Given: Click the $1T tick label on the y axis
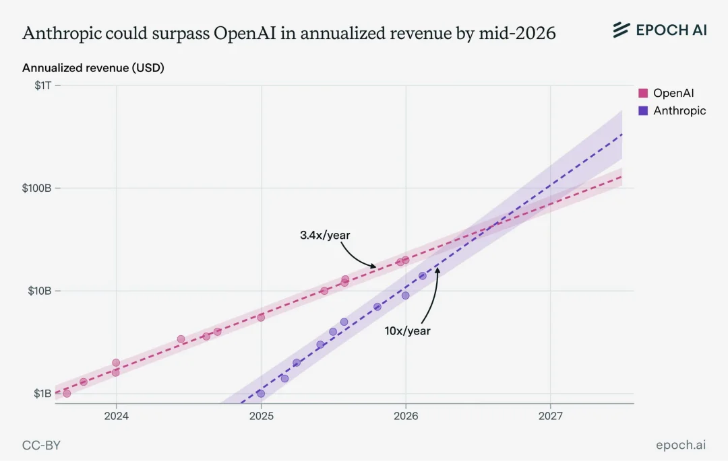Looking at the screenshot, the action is tap(42, 85).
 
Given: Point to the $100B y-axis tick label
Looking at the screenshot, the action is tap(36, 188).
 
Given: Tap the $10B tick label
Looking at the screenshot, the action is tap(40, 291).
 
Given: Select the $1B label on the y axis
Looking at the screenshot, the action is tap(42, 393).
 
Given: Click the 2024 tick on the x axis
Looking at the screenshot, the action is tap(116, 416).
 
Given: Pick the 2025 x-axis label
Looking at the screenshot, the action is tap(261, 416).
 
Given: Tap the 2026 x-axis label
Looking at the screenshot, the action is tap(406, 416).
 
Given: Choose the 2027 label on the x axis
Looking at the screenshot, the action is tap(551, 416).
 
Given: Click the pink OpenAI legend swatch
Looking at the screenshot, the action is tap(643, 93).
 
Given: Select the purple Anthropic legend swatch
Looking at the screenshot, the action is tap(643, 111).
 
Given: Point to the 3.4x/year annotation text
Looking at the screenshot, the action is tap(325, 236).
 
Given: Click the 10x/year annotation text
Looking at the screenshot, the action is tap(407, 331).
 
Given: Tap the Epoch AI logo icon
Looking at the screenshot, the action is tap(621, 30).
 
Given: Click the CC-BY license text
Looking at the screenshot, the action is tap(41, 446).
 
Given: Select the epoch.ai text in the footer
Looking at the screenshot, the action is tap(681, 446).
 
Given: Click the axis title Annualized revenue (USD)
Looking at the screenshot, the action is tap(93, 68).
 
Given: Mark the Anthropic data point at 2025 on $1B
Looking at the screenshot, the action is tap(261, 393).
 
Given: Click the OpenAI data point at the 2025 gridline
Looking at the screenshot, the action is tap(261, 318).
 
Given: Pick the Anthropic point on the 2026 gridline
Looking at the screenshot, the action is tap(405, 295).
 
